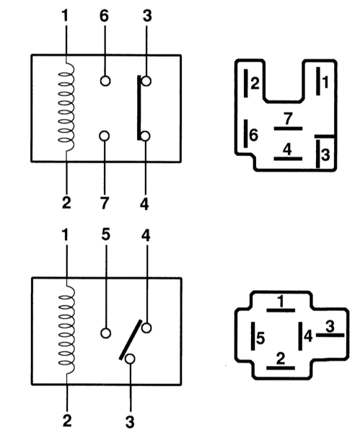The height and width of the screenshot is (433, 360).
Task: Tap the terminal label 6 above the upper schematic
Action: coord(104,16)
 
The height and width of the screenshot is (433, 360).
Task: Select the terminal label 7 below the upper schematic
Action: coord(104,204)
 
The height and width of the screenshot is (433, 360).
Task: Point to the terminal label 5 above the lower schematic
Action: coord(106,235)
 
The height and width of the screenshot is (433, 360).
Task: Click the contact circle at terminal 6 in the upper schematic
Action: coord(105,81)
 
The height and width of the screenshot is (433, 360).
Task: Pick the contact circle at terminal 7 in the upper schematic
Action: coord(105,136)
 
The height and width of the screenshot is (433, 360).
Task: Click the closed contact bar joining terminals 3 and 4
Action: coord(139,108)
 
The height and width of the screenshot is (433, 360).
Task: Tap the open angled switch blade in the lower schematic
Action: coord(131,340)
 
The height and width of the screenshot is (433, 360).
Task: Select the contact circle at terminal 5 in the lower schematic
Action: coord(106,333)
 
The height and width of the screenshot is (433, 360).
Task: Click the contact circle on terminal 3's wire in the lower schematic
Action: coord(130,359)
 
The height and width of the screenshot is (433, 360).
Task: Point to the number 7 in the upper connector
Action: coord(288,119)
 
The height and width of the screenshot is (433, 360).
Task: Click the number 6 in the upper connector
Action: coord(253,135)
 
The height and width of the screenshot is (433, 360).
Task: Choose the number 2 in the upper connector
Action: coord(255,83)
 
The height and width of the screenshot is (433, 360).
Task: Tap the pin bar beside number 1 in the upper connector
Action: coord(318,81)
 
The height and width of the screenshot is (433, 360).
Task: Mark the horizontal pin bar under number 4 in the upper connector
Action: coord(288,159)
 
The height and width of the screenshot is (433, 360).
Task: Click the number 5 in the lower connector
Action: coord(260,338)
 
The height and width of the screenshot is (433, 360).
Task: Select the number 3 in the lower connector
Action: coord(330,326)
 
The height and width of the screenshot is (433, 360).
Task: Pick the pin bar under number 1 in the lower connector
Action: coord(281,310)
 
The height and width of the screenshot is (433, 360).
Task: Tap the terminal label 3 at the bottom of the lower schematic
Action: coord(130,422)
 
